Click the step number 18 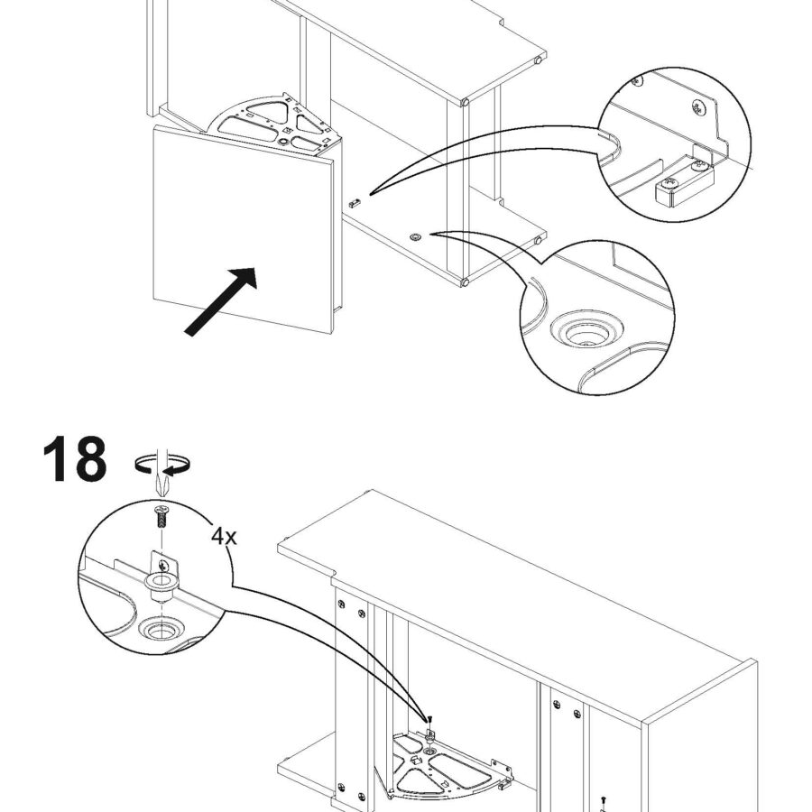75,459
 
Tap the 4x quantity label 224,537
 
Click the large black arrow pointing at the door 221,301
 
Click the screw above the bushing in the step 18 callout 162,516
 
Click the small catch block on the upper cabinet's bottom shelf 354,202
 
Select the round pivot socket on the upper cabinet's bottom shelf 415,237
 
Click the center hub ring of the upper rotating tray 284,141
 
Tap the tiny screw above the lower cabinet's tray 429,719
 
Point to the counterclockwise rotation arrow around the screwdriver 161,464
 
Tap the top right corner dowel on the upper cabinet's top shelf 539,60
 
